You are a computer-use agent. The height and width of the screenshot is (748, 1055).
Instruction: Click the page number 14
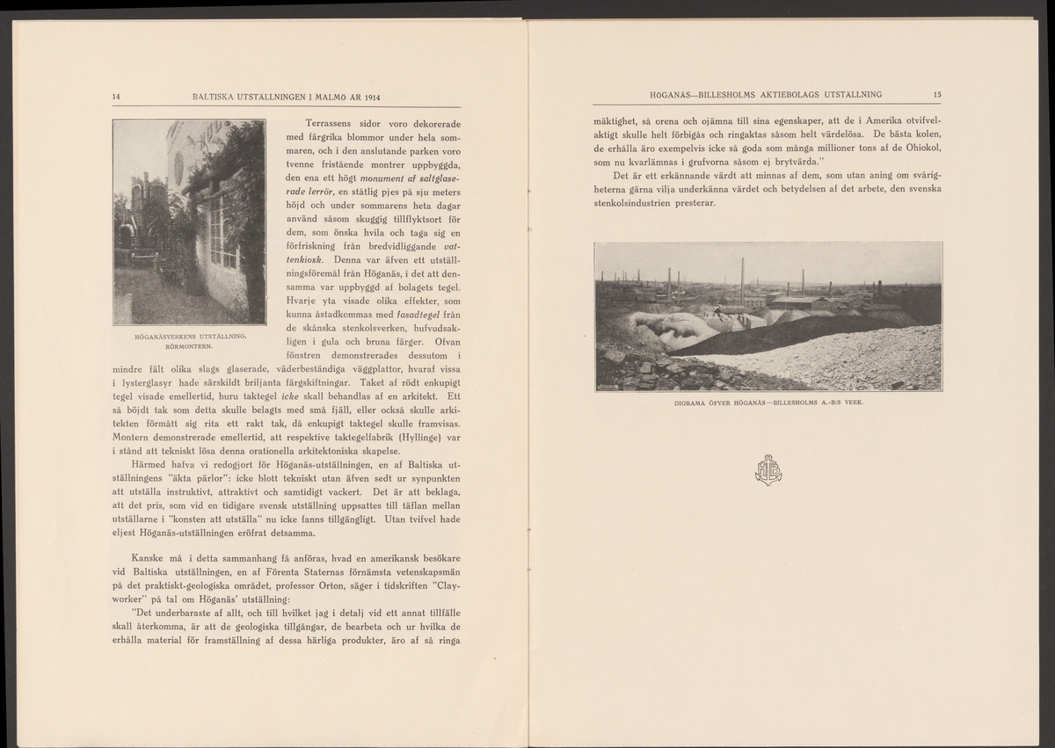(116, 95)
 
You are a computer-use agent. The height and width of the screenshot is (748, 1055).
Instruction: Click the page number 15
(937, 94)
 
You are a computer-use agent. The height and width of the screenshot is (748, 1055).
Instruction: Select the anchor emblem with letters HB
(768, 469)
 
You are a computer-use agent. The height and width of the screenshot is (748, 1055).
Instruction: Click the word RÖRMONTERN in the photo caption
(189, 345)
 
